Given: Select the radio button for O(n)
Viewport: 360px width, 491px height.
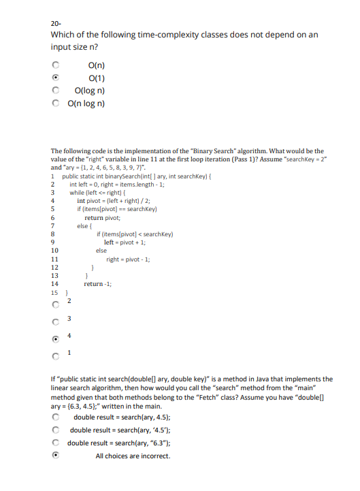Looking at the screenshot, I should (x=56, y=66).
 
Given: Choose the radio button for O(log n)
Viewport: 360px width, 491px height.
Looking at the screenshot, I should (x=56, y=91).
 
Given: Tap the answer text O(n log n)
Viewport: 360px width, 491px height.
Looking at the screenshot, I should (x=86, y=104).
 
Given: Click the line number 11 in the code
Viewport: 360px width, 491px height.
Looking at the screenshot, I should (x=54, y=259).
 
